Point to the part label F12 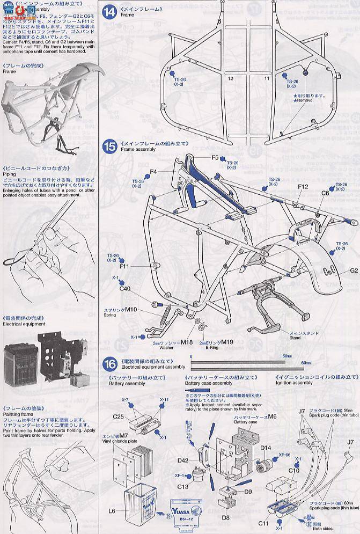point(302,187)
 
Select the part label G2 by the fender point(353,271)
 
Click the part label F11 point(124,266)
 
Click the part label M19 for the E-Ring point(228,341)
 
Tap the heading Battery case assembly point(209,383)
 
